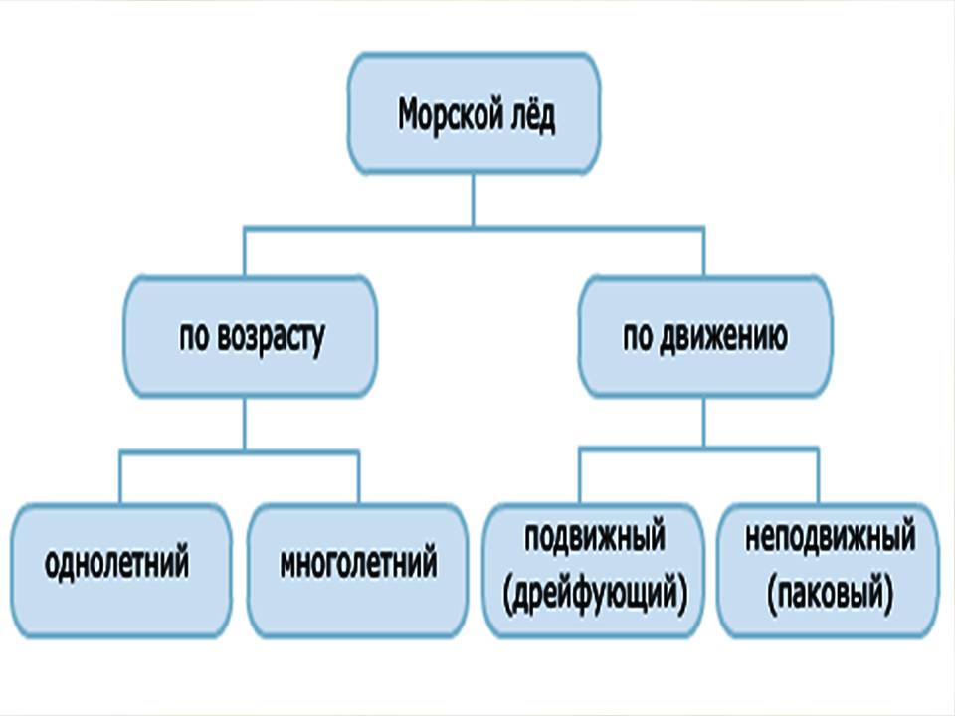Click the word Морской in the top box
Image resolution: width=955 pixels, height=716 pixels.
coord(446,116)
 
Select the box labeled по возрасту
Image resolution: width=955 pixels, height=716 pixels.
coord(250,336)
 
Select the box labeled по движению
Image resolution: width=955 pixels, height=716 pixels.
coord(704,336)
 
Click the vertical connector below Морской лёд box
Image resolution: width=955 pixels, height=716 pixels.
coord(474,199)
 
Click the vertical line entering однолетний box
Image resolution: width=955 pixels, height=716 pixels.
coord(119,477)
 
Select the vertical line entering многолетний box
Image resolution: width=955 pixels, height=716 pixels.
coord(358,477)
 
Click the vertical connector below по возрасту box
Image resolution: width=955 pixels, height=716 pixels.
coord(244,423)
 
